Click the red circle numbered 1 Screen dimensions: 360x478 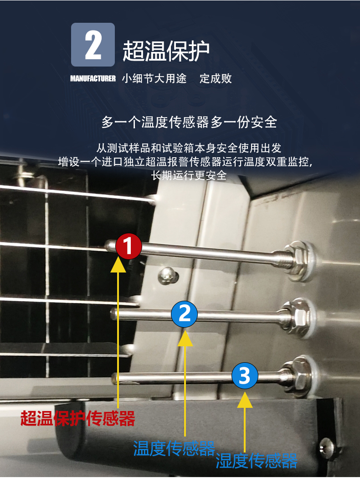coord(129,247)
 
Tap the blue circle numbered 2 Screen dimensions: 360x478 coord(184,314)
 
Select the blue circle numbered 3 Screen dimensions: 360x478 coord(245,375)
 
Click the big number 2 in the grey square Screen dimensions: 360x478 coord(93,45)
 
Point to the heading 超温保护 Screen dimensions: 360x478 coord(166,51)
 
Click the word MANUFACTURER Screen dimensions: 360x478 coord(93,79)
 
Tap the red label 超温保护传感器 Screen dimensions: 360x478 coord(78,418)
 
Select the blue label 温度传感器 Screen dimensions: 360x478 coord(174,448)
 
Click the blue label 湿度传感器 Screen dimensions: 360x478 coord(257,461)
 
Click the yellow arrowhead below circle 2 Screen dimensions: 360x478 coord(185,339)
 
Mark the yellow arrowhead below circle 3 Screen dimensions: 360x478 coord(245,400)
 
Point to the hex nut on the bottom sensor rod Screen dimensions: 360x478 coord(298,376)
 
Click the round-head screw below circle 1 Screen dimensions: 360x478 coord(168,275)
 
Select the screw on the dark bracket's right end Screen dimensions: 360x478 coord(326,447)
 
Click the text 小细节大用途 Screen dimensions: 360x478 coord(154,79)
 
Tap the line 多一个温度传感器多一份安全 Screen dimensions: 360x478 coord(189,122)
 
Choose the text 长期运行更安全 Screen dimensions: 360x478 coord(189,175)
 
